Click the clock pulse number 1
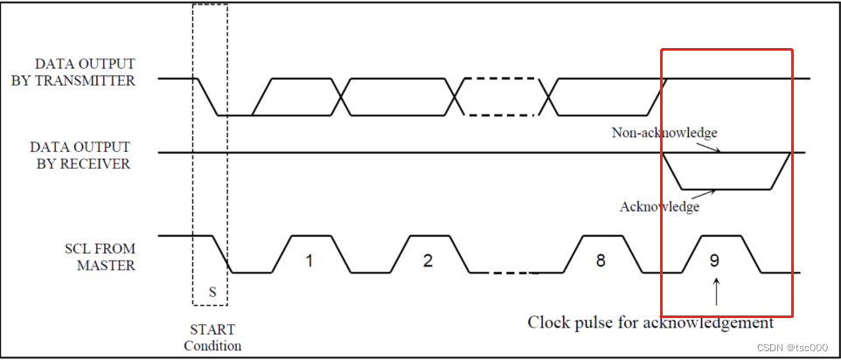[308, 260]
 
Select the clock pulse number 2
[427, 260]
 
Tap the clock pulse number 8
[600, 260]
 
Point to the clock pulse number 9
[715, 260]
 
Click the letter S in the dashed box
[212, 292]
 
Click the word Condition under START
[212, 345]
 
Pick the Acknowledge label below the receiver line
[660, 207]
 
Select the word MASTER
[106, 265]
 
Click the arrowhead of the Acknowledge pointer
[718, 190]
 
